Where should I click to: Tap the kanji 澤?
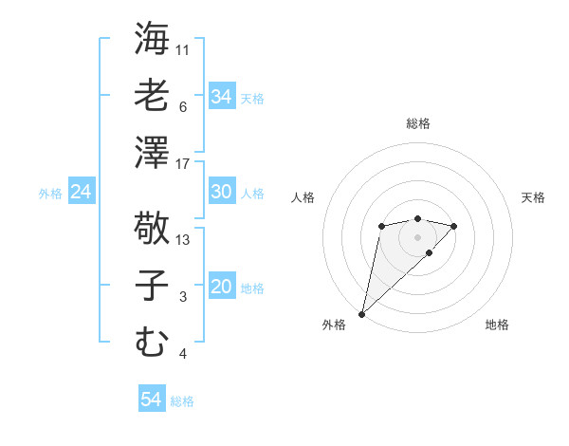(152, 152)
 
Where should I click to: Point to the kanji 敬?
(152, 228)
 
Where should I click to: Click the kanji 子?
(152, 285)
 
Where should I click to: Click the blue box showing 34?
(221, 96)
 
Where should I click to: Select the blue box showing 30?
(221, 192)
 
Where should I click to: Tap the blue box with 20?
(221, 287)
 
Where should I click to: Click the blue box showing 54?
(151, 400)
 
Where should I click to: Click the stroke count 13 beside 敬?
(183, 240)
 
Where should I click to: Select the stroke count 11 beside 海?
(183, 49)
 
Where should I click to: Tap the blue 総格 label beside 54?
(182, 401)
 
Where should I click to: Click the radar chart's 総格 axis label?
(417, 123)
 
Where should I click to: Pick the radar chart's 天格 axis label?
(533, 197)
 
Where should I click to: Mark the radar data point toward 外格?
(361, 313)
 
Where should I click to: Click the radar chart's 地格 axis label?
(497, 325)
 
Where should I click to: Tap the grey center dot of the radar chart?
(417, 236)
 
